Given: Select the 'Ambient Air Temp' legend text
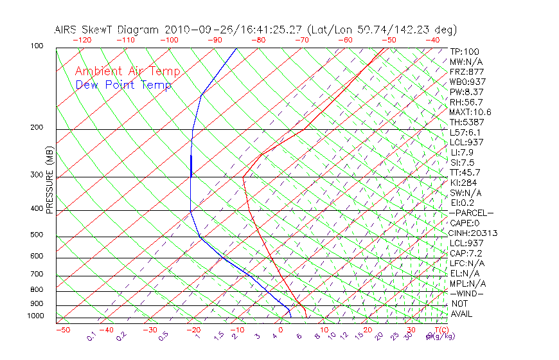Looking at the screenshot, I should [x=128, y=71].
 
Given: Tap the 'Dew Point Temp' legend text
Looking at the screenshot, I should [x=123, y=85].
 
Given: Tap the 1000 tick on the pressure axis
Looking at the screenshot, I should [x=35, y=316].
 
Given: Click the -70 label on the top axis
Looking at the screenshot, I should [x=301, y=40].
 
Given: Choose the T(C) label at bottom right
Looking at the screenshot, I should [x=441, y=330].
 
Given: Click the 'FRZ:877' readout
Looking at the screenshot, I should [x=466, y=71].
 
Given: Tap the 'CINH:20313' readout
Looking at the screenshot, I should [x=473, y=233].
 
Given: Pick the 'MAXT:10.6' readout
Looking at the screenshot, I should [x=470, y=112].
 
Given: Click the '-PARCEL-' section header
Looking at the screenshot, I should [x=471, y=213].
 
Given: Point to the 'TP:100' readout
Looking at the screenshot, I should [x=465, y=51].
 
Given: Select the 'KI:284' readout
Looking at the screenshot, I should [x=463, y=183].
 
